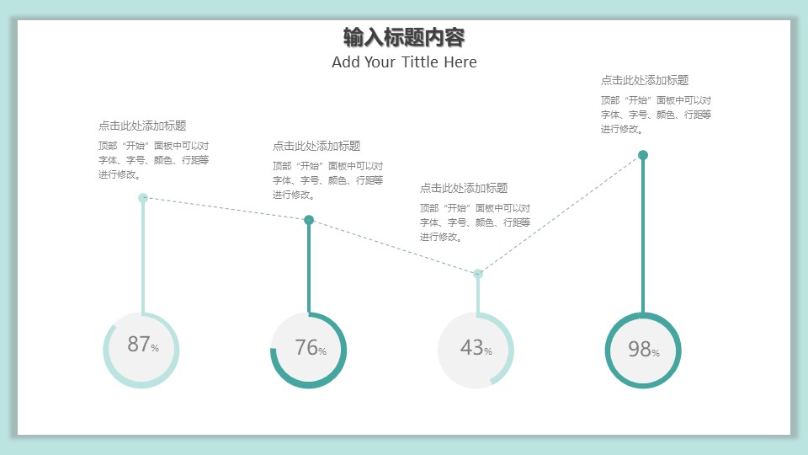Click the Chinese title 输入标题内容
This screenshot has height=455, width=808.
tap(404, 37)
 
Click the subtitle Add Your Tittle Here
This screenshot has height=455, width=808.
tap(404, 62)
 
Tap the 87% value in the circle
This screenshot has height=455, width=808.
tap(142, 345)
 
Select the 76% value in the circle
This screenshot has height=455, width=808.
tap(310, 347)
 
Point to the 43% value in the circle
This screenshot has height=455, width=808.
tap(476, 347)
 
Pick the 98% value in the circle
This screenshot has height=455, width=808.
tap(643, 349)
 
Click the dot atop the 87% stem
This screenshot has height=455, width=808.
tap(143, 198)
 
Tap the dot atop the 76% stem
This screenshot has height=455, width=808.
tap(309, 220)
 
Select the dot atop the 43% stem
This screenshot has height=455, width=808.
tap(478, 273)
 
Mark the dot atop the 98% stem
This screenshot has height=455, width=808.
tap(643, 155)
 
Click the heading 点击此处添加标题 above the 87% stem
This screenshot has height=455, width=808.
tap(142, 126)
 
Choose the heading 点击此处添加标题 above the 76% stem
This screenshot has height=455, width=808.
tap(316, 146)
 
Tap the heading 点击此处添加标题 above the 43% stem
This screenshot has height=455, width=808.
tap(464, 188)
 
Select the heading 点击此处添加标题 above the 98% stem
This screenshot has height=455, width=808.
tap(645, 80)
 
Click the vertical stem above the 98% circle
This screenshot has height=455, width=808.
tap(643, 236)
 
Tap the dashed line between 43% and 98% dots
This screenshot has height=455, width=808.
tap(561, 214)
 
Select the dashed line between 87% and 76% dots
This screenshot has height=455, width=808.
tap(226, 209)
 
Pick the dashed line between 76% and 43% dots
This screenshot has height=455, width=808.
tap(393, 246)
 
